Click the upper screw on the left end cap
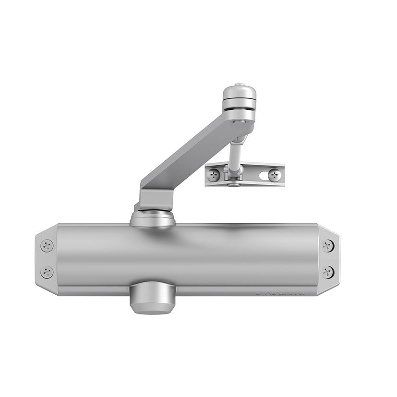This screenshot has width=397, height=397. tap(47, 246)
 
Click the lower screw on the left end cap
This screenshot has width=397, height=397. tap(47, 272)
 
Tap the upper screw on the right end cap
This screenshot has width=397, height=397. tap(328, 246)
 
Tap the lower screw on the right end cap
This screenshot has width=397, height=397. tap(328, 271)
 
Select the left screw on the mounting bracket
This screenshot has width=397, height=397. tap(214, 175)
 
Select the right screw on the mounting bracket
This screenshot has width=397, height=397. tap(274, 175)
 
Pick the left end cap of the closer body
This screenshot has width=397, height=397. tap(46, 259)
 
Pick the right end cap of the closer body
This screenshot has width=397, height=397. tap(329, 259)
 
